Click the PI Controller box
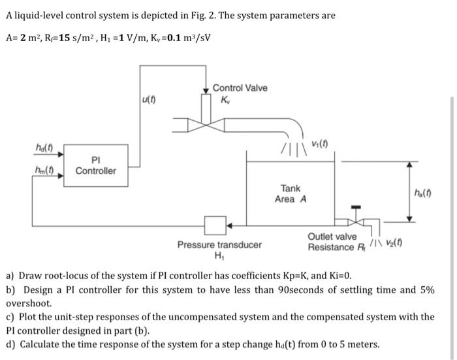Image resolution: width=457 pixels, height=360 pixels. point(95,165)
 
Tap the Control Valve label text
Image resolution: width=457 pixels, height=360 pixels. point(240,88)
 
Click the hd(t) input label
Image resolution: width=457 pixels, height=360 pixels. point(44,148)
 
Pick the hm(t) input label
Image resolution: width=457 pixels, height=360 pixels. point(44,171)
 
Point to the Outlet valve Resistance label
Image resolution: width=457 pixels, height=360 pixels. point(332,242)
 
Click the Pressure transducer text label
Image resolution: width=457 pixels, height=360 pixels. point(219,245)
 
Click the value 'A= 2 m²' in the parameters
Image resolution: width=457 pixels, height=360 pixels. point(24,36)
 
